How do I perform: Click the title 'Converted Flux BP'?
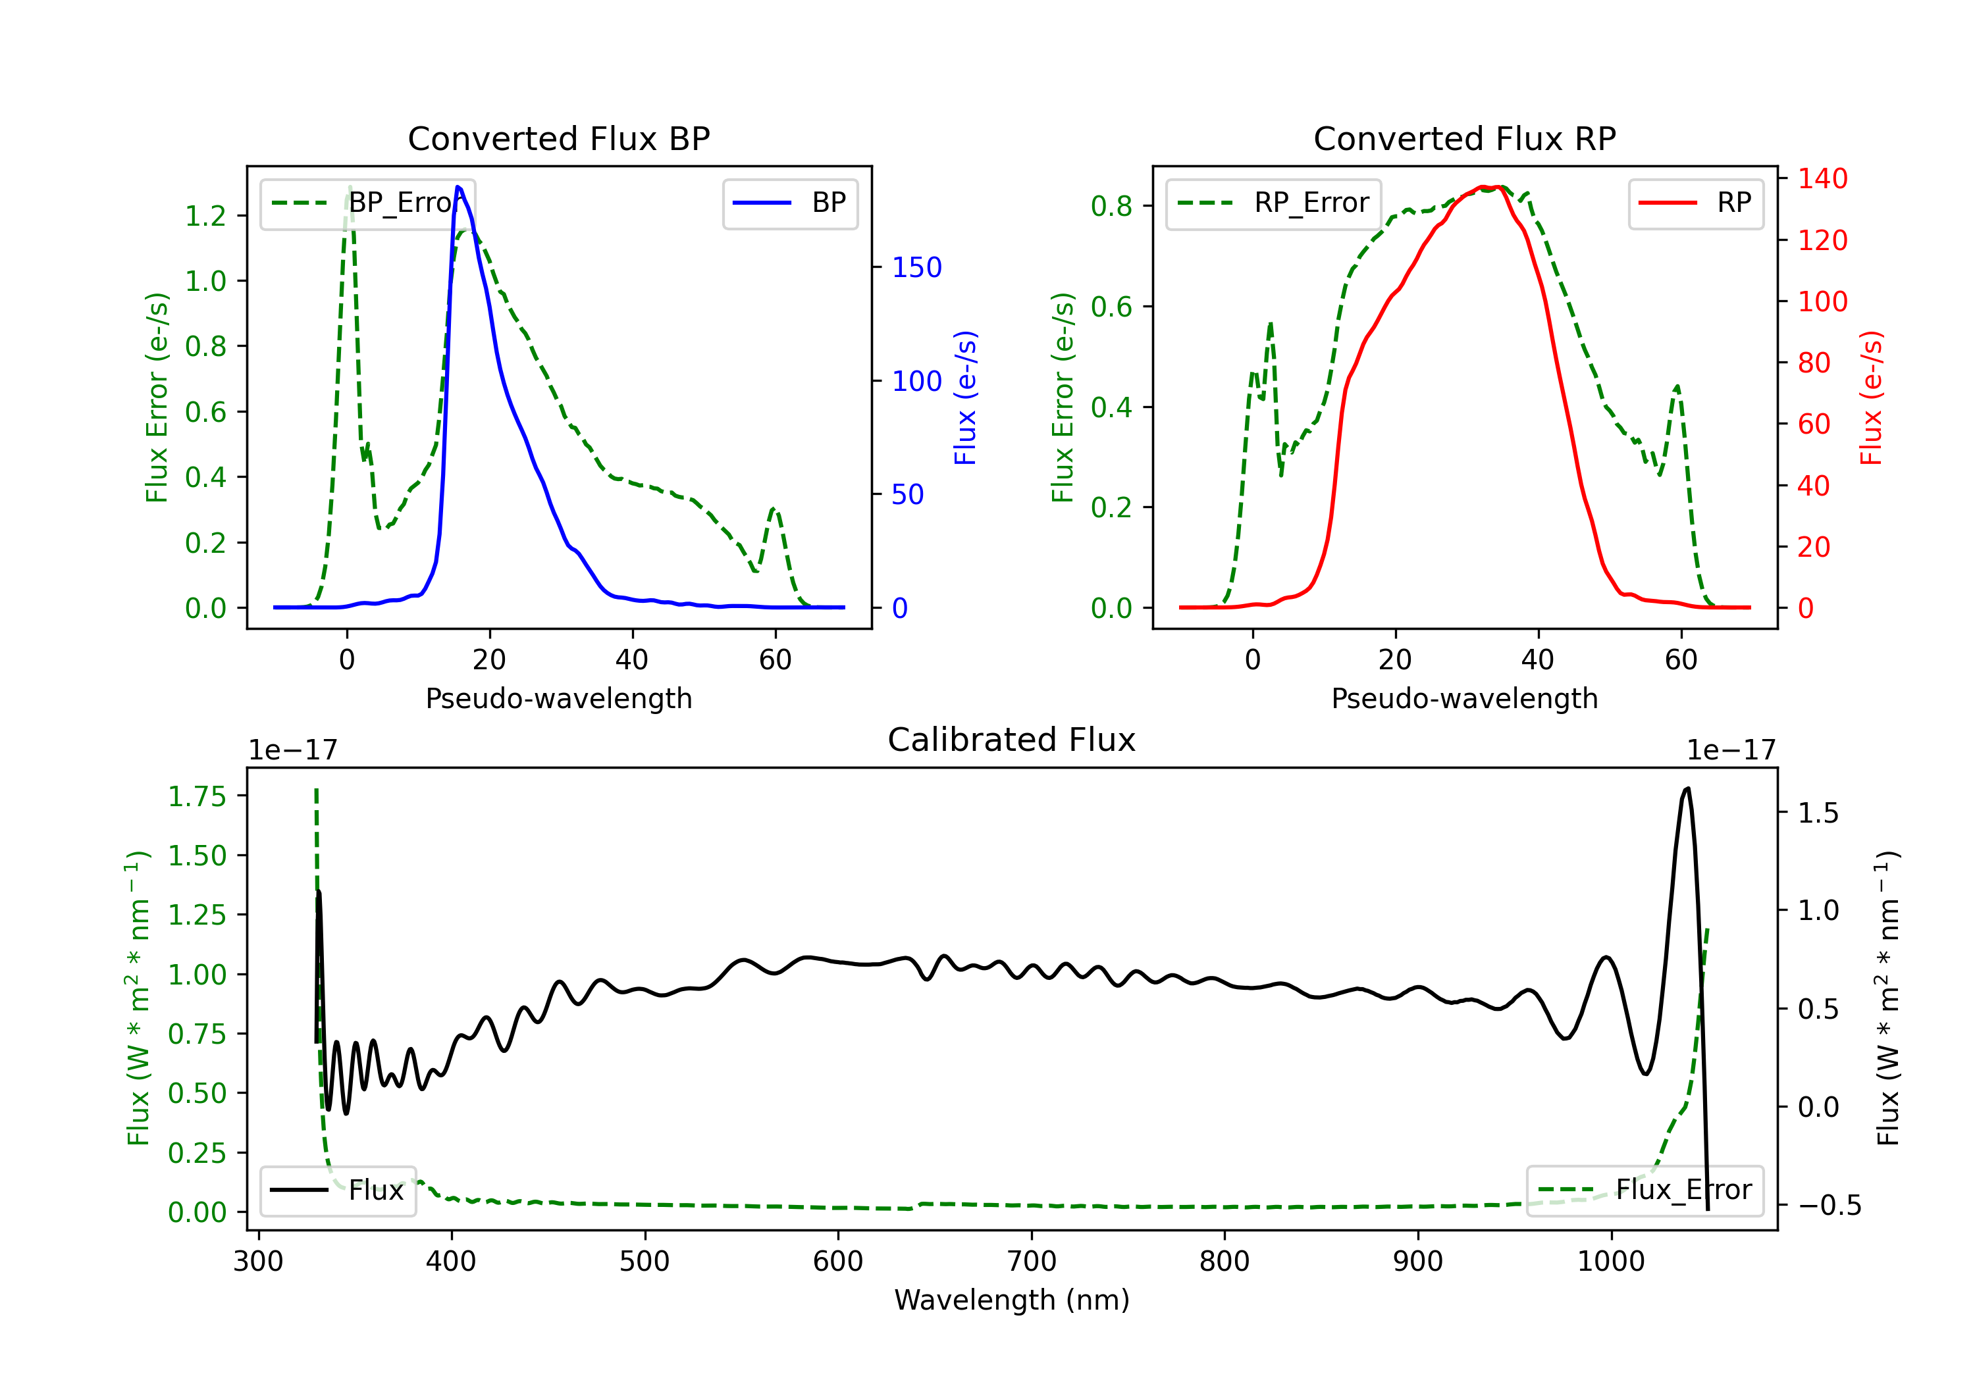tap(558, 138)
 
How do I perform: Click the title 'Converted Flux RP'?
tap(1464, 138)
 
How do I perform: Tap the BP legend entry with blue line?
tap(789, 203)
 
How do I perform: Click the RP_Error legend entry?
tap(1273, 203)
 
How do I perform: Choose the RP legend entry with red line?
tap(1695, 203)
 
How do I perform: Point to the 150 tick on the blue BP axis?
tap(916, 267)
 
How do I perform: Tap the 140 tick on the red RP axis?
tap(1822, 179)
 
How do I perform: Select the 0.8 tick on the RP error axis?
tap(1111, 207)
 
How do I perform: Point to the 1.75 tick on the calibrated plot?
tap(197, 796)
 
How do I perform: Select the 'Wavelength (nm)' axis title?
tap(1012, 1300)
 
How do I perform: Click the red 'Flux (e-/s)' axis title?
tap(1871, 397)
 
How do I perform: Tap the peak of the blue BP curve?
tap(458, 187)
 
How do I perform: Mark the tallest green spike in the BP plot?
tap(349, 187)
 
